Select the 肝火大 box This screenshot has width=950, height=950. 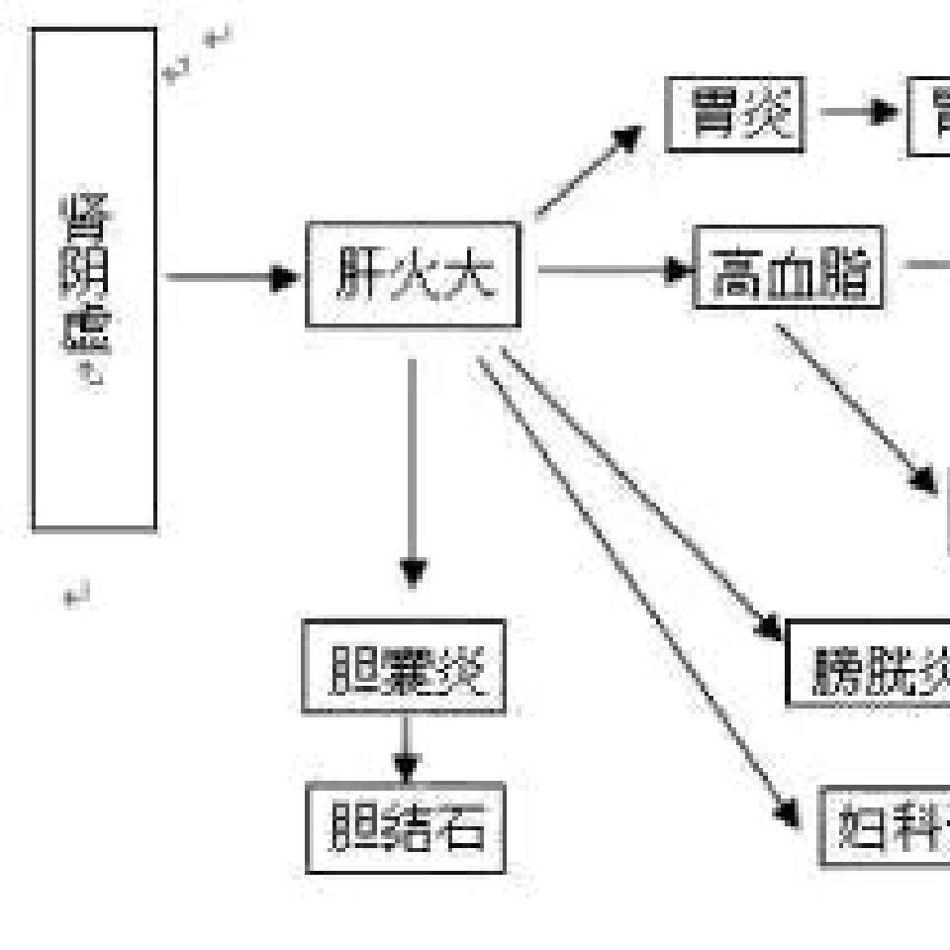click(x=413, y=275)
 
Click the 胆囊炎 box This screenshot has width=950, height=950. click(x=404, y=666)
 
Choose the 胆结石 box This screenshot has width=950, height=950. click(x=406, y=827)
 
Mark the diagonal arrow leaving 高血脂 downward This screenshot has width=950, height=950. click(x=855, y=406)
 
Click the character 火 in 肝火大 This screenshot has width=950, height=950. click(x=413, y=275)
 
